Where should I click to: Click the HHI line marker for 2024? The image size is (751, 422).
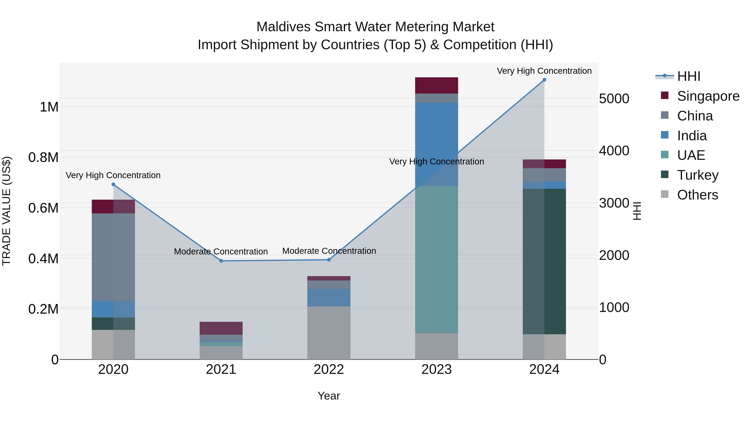click(x=544, y=80)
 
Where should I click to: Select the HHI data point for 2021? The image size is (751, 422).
click(x=221, y=261)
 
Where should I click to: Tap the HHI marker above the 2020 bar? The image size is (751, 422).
click(x=113, y=184)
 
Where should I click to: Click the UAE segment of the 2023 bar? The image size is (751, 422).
click(x=436, y=259)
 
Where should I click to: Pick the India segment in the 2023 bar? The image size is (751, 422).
click(x=436, y=144)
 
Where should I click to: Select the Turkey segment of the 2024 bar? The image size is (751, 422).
click(x=544, y=261)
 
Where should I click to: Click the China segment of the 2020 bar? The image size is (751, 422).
click(x=113, y=257)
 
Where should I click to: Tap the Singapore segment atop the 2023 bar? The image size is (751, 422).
click(x=436, y=85)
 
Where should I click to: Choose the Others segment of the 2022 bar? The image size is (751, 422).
click(x=329, y=333)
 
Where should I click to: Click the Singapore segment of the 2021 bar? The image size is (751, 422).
click(x=221, y=328)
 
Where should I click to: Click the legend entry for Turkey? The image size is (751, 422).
click(x=698, y=175)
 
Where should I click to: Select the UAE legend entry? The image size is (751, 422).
click(x=691, y=155)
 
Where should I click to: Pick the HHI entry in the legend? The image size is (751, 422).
click(x=688, y=76)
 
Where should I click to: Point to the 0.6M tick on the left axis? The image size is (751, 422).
click(x=43, y=208)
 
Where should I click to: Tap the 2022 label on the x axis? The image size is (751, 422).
click(x=329, y=369)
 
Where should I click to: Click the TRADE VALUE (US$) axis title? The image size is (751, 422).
click(x=6, y=211)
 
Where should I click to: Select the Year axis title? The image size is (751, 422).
click(x=329, y=396)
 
